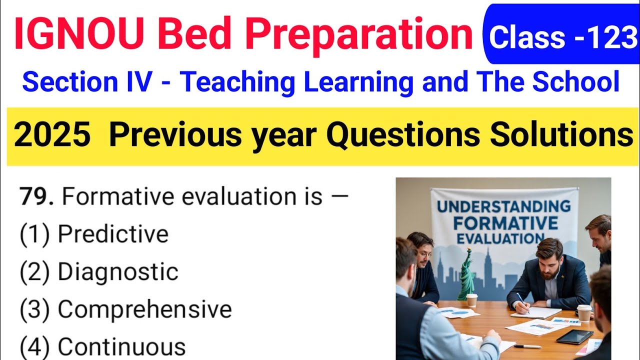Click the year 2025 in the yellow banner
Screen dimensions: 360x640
(52, 136)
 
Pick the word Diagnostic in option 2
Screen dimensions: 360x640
(118, 272)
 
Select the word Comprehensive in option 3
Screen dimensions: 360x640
(144, 309)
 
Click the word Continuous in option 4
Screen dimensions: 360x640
(121, 347)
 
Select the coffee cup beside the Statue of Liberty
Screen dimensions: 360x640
(471, 300)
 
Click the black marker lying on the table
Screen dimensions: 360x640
(527, 346)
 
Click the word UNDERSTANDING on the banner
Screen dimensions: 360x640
(503, 205)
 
